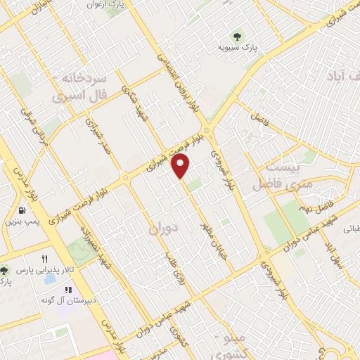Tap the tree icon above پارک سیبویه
pyautogui.click(x=236, y=37)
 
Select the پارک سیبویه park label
pyautogui.click(x=236, y=49)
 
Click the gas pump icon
pyautogui.click(x=22, y=210)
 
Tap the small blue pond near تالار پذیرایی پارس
pyautogui.click(x=51, y=278)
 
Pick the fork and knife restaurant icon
pyautogui.click(x=45, y=259)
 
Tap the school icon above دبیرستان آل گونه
pyautogui.click(x=68, y=290)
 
